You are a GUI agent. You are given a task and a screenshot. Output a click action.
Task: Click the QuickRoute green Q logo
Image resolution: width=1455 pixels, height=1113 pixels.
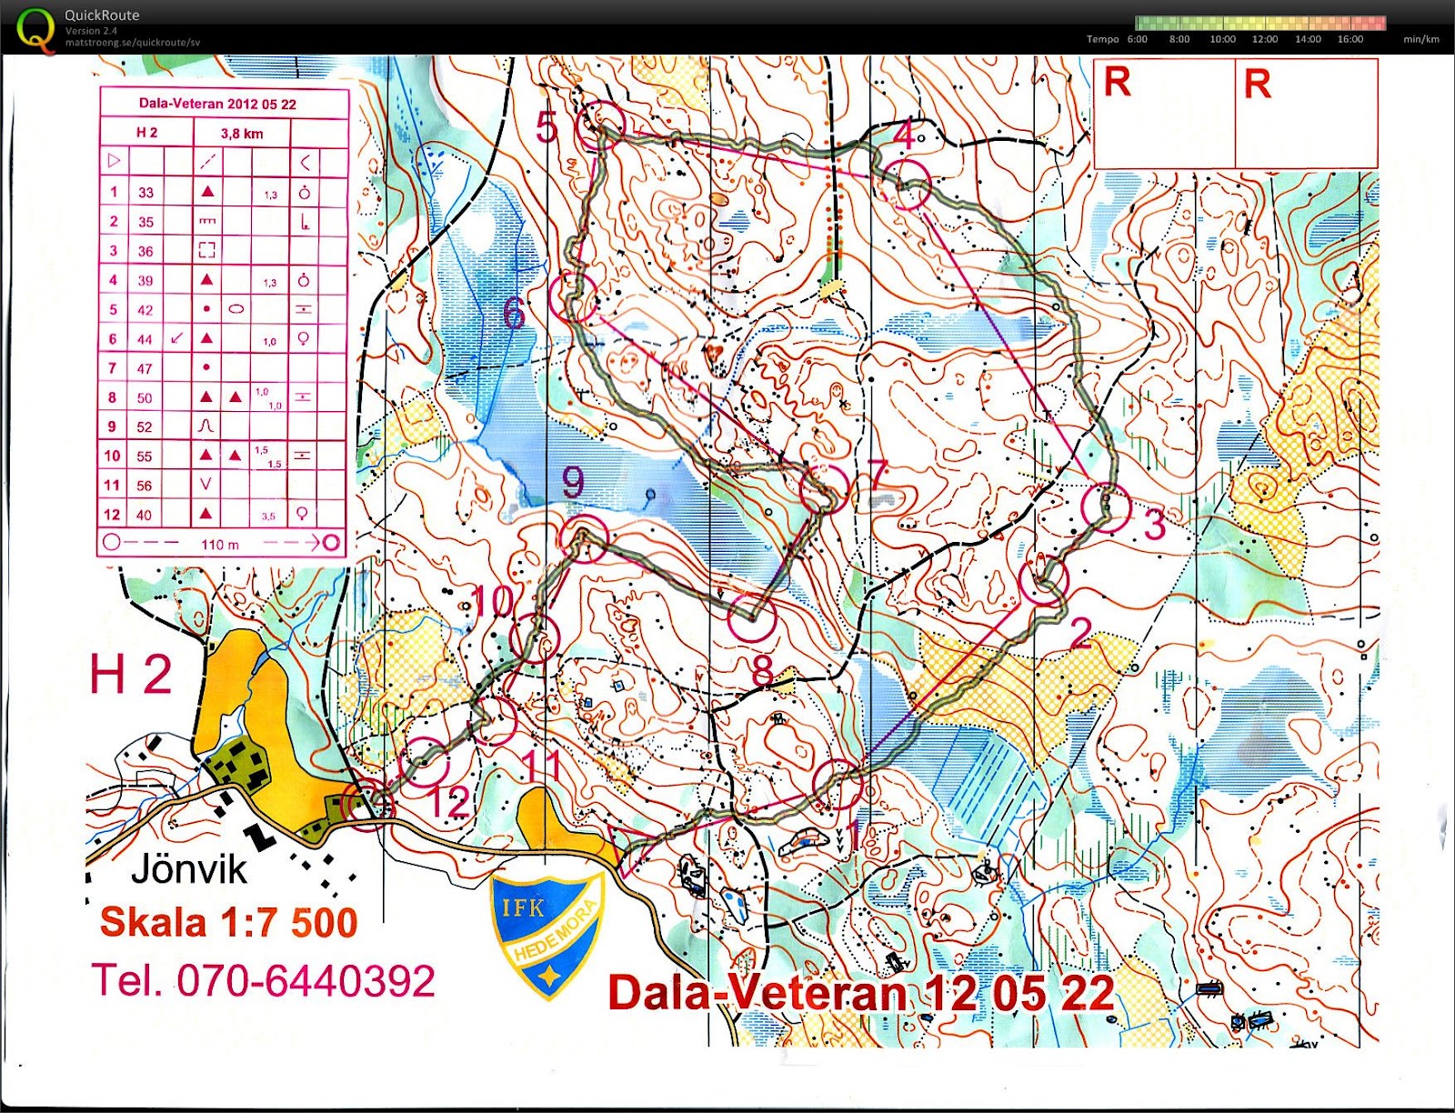tap(35, 29)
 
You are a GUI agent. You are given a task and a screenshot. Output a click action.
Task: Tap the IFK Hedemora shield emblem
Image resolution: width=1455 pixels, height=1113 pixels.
tap(547, 933)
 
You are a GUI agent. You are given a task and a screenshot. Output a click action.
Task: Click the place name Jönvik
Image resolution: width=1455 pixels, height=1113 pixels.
tap(189, 868)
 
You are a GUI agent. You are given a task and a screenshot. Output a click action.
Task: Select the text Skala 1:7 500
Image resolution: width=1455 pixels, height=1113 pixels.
tap(228, 922)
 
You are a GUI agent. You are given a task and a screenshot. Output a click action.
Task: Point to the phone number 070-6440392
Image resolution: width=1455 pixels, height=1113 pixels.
tap(306, 981)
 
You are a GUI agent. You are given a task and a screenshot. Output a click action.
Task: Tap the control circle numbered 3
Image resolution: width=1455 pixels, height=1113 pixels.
tap(1107, 507)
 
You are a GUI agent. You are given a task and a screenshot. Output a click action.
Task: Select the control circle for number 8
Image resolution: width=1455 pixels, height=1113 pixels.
tap(752, 617)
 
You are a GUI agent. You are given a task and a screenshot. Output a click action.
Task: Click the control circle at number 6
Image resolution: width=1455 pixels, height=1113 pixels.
tap(575, 296)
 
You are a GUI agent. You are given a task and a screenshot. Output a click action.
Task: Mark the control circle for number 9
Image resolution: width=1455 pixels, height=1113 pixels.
tap(584, 539)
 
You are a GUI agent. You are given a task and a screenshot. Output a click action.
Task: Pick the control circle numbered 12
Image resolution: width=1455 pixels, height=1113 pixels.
tap(425, 762)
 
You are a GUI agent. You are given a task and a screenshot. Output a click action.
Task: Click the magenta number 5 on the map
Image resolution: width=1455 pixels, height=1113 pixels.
tap(547, 127)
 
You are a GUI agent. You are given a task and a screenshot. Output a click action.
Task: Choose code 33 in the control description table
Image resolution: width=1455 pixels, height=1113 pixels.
tap(145, 193)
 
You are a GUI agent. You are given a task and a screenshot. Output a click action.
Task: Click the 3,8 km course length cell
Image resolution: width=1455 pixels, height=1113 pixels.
tap(242, 134)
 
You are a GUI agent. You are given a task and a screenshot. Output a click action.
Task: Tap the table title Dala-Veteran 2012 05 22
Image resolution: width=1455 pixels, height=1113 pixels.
tap(217, 104)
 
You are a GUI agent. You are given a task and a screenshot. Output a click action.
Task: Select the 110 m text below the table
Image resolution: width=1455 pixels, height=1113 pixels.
tap(220, 545)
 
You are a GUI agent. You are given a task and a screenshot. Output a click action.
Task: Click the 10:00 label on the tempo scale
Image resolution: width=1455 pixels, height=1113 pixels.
tap(1222, 39)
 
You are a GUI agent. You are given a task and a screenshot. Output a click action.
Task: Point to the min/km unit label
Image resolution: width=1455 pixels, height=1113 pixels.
tap(1421, 39)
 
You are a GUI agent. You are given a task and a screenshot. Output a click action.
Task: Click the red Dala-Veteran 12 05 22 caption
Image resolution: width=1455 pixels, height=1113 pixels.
tap(860, 993)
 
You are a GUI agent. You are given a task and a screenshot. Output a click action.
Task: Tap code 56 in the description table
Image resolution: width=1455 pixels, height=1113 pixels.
tap(145, 486)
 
